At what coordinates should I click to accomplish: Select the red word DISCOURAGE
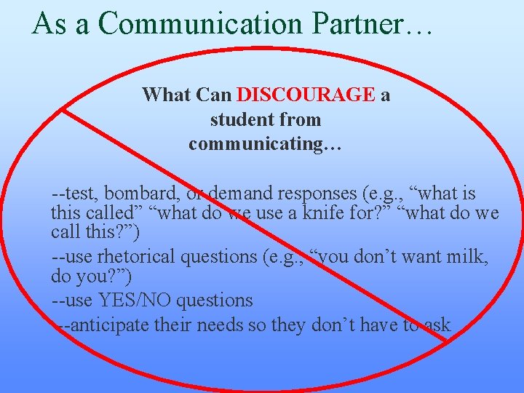pos(306,95)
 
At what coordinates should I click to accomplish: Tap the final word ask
pos(437,325)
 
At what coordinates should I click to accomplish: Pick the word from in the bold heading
pos(299,119)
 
